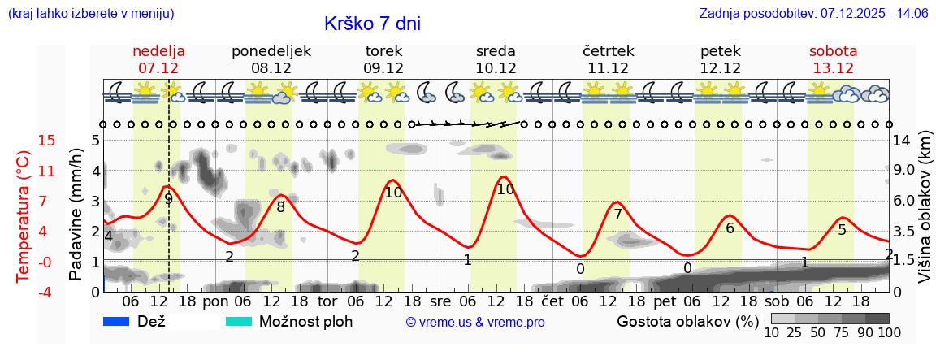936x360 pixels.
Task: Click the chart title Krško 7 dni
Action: pos(372,24)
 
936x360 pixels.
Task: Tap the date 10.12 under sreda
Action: pos(496,68)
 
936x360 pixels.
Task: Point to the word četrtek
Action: pos(609,50)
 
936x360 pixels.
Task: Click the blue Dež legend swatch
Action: pos(117,321)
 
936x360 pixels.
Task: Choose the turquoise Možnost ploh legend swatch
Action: pos(239,321)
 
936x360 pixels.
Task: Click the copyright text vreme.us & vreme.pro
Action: pos(475,322)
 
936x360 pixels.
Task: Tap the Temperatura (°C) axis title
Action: pos(24,217)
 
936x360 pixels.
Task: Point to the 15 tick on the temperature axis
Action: pos(24,141)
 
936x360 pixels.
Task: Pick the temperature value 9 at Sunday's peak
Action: pos(168,198)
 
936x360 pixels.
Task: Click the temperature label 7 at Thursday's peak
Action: pos(617,215)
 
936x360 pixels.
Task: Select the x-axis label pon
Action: pos(215,301)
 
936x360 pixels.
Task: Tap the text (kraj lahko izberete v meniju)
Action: pos(90,13)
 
